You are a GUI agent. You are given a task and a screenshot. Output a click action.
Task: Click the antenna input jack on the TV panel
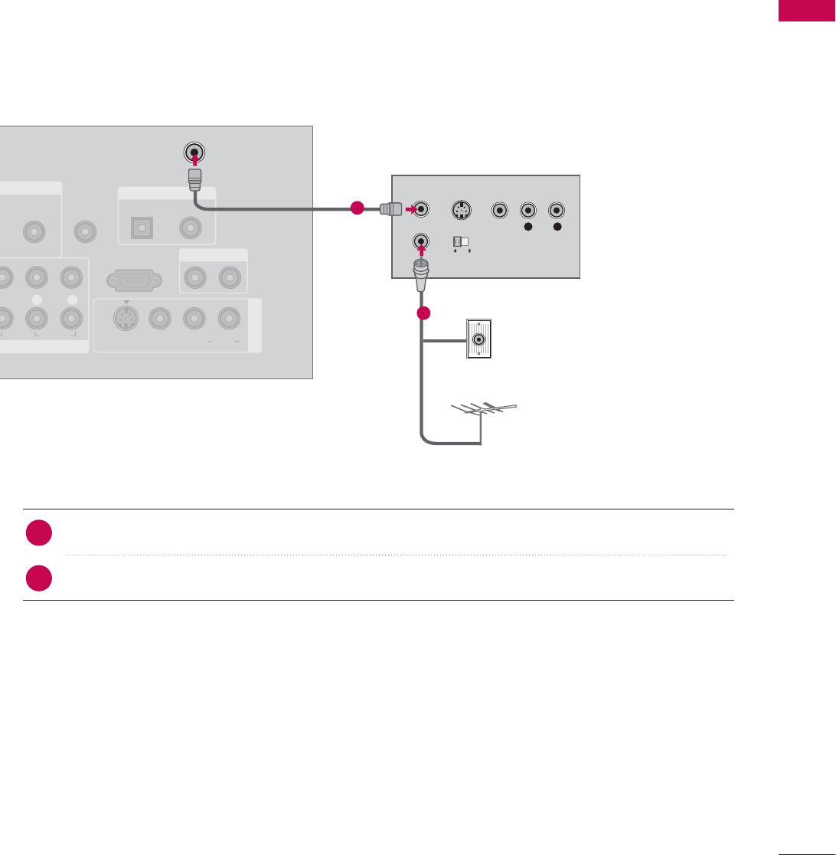point(194,152)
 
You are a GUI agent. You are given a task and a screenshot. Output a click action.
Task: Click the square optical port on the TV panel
point(142,227)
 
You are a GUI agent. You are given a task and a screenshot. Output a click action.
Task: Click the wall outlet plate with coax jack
point(478,339)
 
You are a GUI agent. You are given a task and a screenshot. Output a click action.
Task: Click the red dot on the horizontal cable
point(356,208)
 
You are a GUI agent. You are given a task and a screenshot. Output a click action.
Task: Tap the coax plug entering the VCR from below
point(420,276)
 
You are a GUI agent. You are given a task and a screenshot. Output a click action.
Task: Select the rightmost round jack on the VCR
point(557,209)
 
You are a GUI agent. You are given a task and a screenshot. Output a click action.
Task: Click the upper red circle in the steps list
point(37,534)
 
